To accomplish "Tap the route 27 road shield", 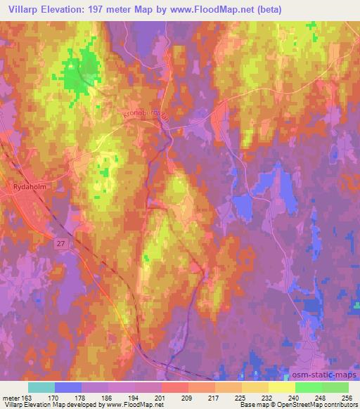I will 60,242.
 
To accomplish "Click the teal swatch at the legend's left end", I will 41,387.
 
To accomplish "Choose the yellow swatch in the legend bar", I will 282,387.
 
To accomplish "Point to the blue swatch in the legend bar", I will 68,387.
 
